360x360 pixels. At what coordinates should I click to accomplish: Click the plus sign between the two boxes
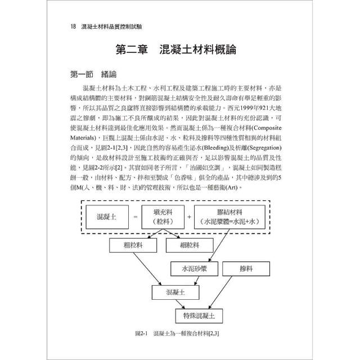(x=188, y=217)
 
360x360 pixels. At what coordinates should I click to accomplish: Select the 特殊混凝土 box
(x=199, y=315)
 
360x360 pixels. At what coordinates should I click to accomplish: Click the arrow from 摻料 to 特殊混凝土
(x=236, y=294)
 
